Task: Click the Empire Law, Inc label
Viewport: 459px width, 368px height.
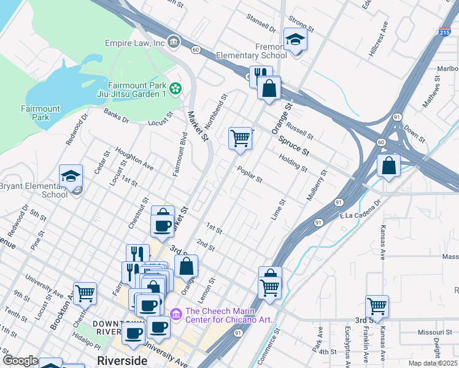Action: (x=134, y=43)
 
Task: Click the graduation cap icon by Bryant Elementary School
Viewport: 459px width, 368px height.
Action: (x=71, y=176)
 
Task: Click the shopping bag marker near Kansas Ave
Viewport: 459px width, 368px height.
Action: (x=388, y=165)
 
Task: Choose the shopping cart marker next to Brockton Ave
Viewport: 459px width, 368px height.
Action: (x=85, y=293)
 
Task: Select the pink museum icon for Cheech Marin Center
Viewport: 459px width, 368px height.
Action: (x=177, y=314)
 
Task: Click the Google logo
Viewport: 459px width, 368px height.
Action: (x=20, y=360)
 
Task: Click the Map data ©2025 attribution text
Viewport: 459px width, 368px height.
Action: (x=433, y=363)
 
